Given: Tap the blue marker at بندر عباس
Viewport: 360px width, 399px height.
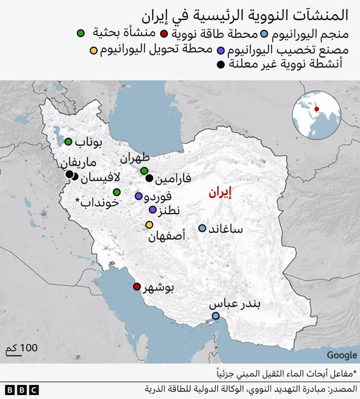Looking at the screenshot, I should [x=216, y=316].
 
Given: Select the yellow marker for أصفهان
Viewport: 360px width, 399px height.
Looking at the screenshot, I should [x=149, y=225].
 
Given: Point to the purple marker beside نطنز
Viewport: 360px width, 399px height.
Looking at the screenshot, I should [x=153, y=210].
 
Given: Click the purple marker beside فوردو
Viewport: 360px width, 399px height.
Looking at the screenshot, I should [x=139, y=196].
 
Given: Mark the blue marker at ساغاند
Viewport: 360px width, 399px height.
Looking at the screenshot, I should [x=202, y=229].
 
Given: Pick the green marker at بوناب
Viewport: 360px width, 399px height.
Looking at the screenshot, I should [x=68, y=142].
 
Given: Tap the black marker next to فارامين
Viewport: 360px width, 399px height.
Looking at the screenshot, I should [x=149, y=178].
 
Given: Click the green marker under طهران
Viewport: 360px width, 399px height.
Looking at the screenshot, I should [x=144, y=170].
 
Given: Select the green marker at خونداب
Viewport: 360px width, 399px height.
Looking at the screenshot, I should [x=117, y=192].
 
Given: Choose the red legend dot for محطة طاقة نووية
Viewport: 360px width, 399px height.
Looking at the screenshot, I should [x=164, y=33].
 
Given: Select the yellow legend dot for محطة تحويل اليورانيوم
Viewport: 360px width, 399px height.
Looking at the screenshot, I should [x=94, y=49].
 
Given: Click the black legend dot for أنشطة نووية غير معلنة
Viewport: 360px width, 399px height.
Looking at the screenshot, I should [x=220, y=65].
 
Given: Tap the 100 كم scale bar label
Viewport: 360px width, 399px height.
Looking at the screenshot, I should [x=22, y=348].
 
